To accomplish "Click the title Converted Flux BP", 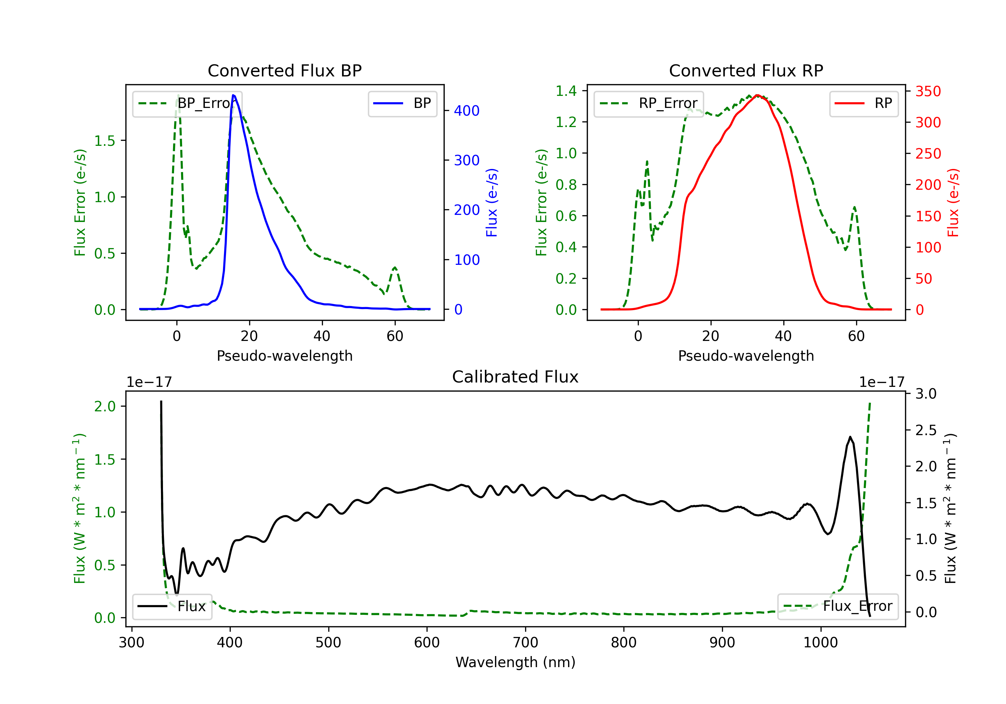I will (284, 70).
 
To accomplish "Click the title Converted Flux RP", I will (746, 70).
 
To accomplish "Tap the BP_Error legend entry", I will (187, 103).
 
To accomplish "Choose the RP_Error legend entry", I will (649, 103).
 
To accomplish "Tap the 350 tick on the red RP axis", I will (928, 91).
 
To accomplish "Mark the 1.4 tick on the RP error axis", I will (566, 91).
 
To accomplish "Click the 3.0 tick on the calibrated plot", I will (926, 393).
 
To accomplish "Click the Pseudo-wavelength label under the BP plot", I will (284, 356).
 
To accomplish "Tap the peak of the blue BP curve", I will (233, 95).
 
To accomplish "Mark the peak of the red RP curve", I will (757, 95).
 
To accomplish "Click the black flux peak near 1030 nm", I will (850, 437).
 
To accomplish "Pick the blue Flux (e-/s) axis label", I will (492, 202).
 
